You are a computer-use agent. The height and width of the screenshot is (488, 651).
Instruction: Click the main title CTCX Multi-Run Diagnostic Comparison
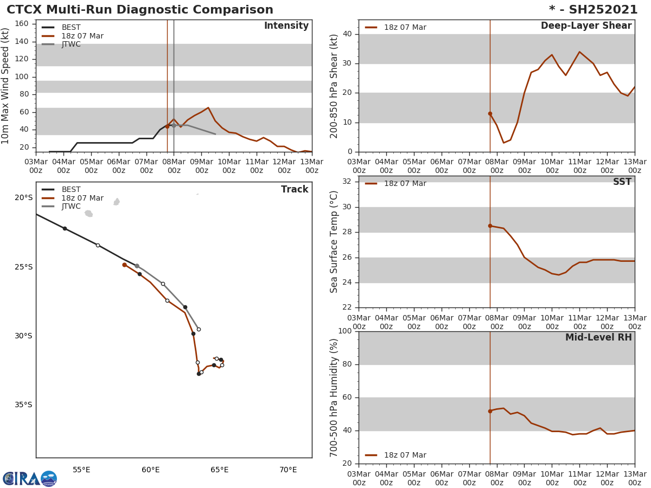(x=140, y=10)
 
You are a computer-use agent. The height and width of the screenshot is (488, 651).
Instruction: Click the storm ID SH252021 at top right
(x=593, y=10)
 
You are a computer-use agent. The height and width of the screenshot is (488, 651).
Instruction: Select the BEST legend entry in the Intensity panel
(x=71, y=27)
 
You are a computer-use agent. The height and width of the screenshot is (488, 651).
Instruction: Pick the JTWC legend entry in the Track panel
(x=71, y=207)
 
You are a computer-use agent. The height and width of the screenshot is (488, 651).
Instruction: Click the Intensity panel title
(x=286, y=26)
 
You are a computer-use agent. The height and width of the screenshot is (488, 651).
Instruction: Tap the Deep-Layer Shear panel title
(x=586, y=26)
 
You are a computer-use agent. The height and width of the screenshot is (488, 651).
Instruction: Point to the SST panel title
(x=622, y=182)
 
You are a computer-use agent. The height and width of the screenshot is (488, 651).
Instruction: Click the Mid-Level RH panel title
(x=598, y=338)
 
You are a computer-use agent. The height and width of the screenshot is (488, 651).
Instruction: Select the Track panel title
(x=295, y=190)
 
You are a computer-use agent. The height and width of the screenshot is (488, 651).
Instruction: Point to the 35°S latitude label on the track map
(x=23, y=405)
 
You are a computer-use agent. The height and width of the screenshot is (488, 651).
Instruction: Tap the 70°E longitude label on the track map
(x=288, y=470)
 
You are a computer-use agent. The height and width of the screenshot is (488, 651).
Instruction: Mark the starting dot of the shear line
(x=490, y=113)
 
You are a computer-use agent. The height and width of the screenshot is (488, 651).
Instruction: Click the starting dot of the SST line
(x=490, y=226)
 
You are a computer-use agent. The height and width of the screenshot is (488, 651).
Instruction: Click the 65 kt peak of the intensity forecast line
(x=208, y=108)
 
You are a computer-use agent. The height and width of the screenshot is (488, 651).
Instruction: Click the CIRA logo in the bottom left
(x=29, y=479)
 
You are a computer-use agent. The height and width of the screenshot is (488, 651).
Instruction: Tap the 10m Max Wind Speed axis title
(x=6, y=86)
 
